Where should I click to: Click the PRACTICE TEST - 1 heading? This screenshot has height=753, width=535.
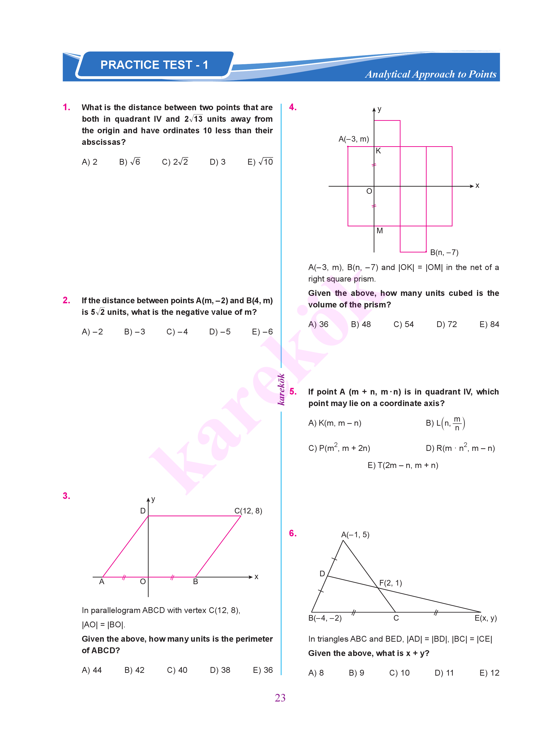154,65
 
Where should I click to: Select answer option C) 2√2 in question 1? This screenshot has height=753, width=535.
175,162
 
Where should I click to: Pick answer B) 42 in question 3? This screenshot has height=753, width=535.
135,670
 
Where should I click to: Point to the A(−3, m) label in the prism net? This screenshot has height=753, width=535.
354,139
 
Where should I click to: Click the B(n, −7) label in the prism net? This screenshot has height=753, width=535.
444,252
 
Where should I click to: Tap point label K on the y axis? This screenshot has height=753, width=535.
378,151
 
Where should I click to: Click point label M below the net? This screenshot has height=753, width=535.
379,231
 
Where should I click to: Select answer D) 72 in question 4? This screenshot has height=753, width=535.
446,324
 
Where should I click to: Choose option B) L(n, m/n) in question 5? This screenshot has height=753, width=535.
445,423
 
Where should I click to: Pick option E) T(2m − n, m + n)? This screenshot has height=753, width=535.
403,465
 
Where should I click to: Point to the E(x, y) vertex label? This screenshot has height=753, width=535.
485,618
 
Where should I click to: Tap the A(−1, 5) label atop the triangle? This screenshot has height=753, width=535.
355,534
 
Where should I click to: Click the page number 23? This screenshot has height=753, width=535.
280,698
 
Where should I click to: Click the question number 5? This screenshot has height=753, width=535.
293,392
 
